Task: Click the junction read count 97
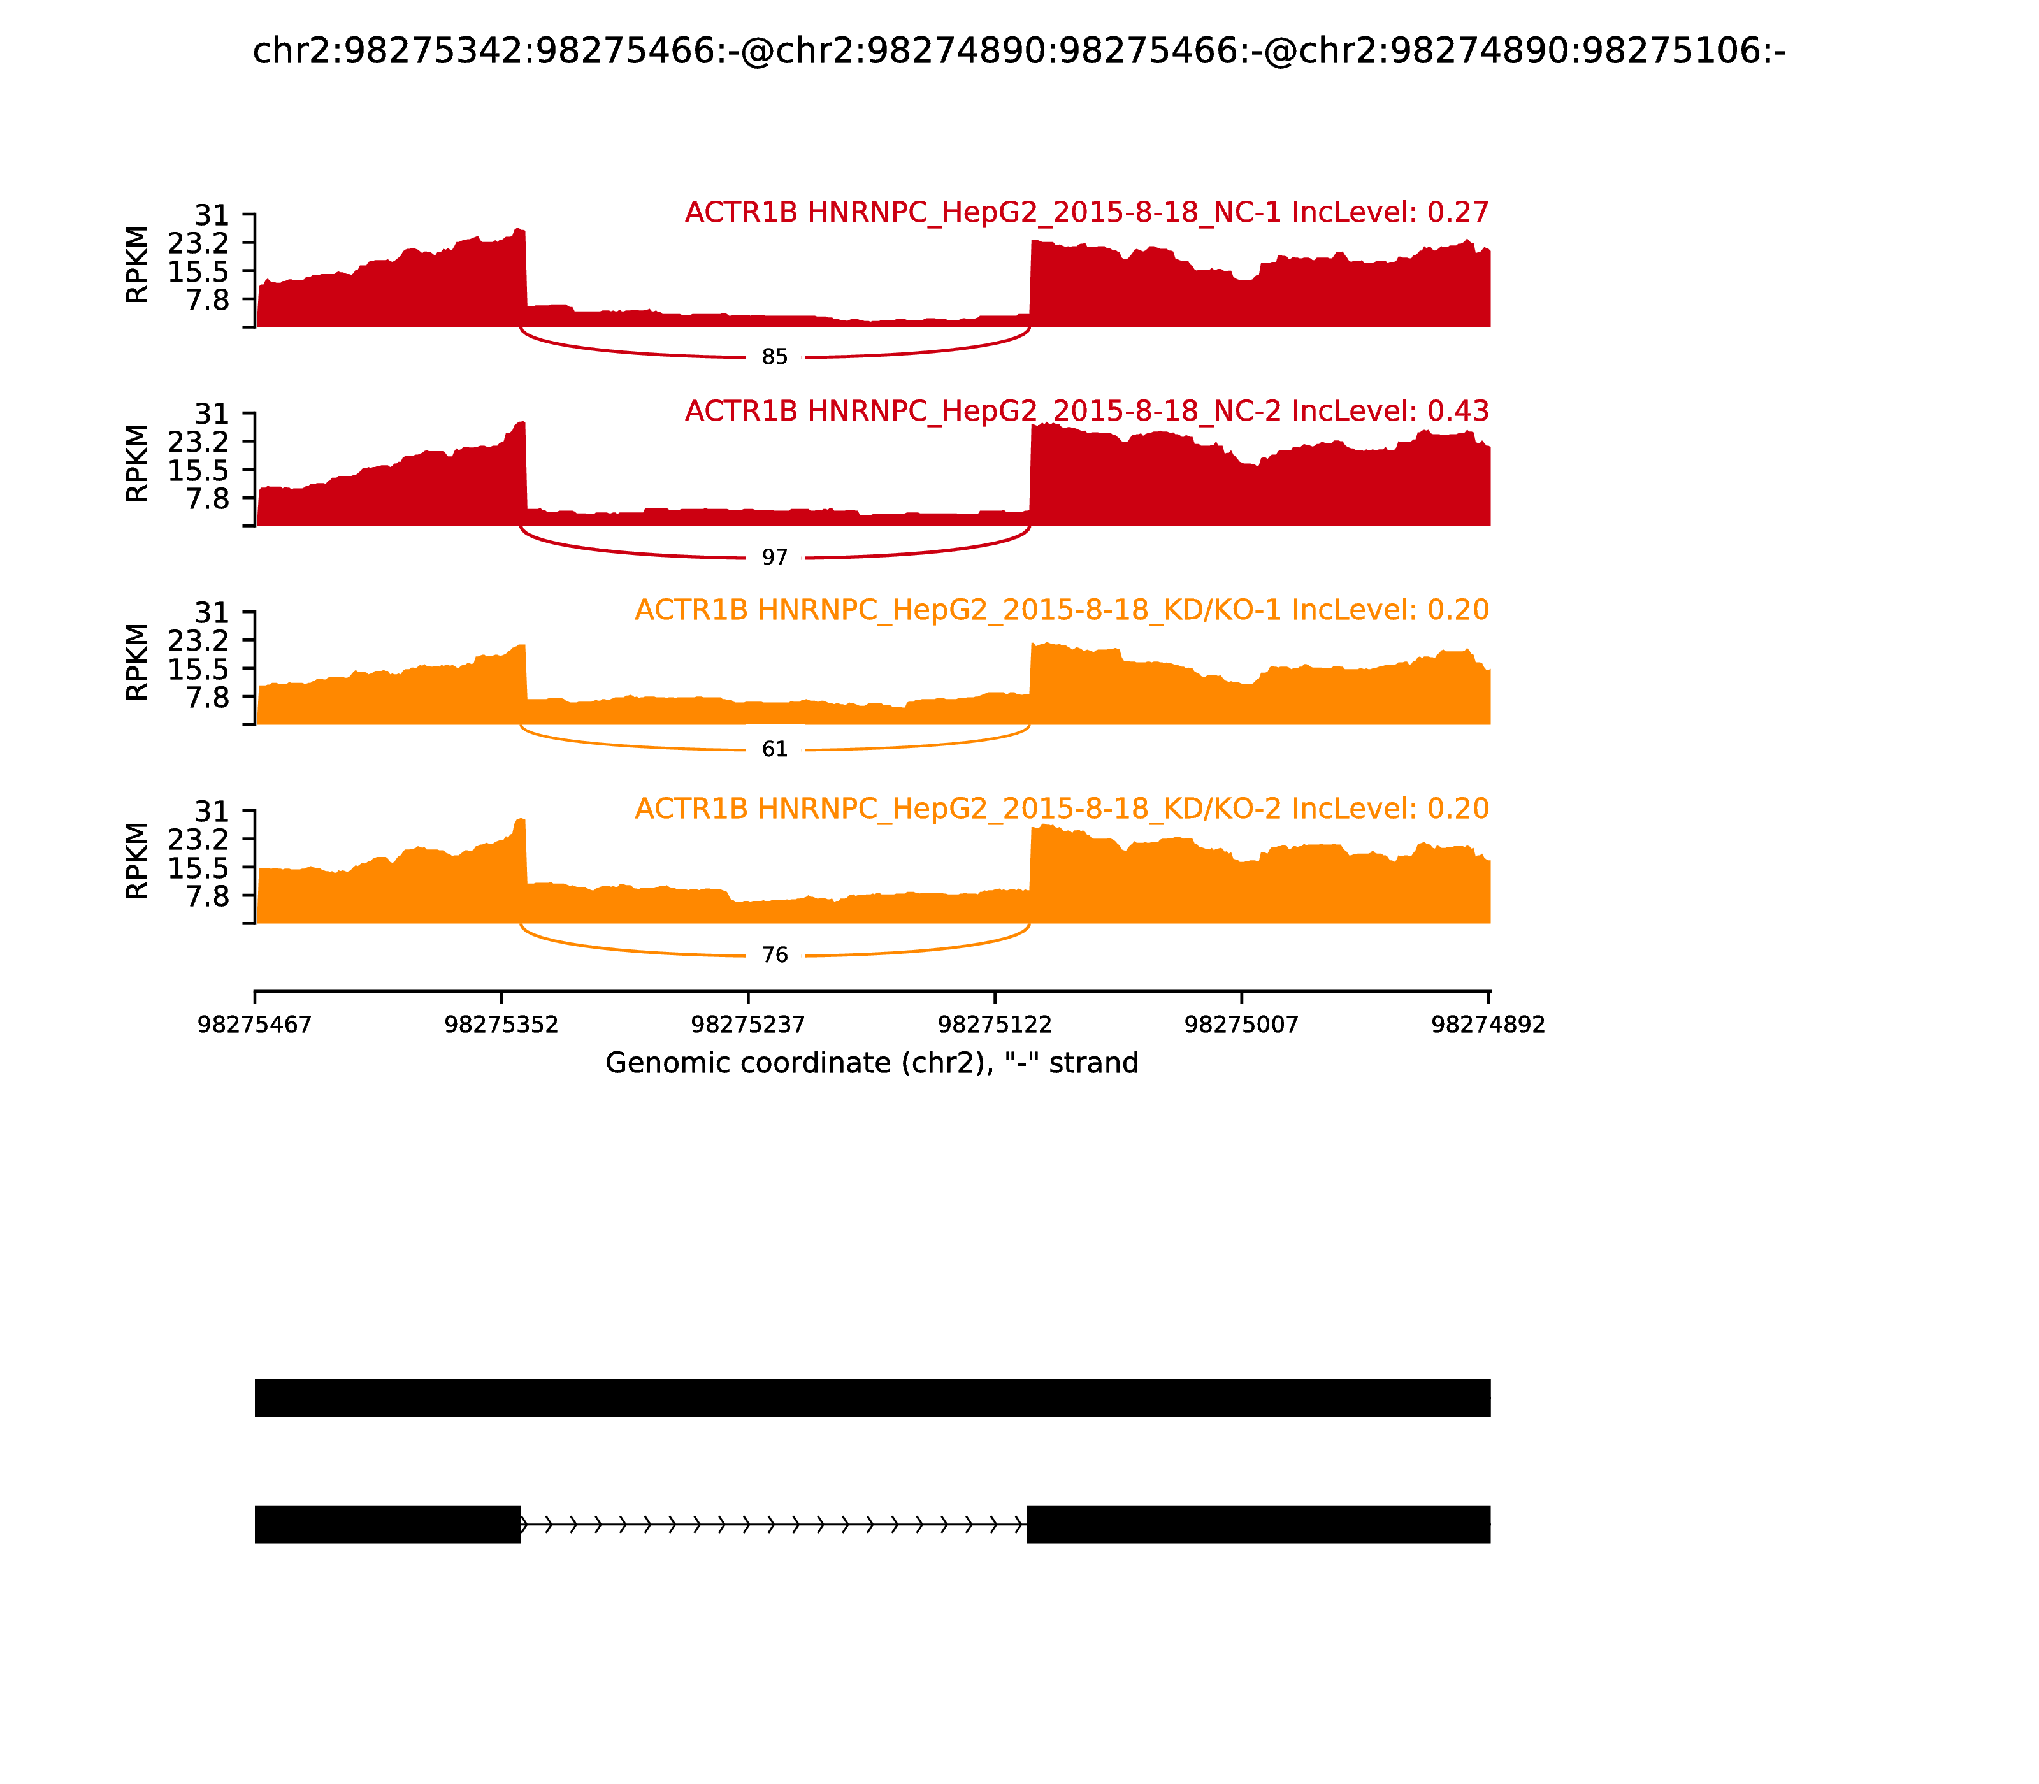tap(775, 557)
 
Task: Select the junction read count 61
tap(775, 750)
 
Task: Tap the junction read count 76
tap(775, 956)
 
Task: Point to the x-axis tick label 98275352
tap(501, 1025)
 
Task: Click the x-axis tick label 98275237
tap(747, 1025)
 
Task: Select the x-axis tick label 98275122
tap(995, 1025)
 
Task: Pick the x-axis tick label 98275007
tap(1241, 1025)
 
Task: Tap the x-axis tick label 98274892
tap(1487, 1025)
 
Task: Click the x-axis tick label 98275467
tap(255, 1025)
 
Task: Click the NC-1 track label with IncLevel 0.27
tap(1086, 213)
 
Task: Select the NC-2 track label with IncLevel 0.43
tap(1086, 411)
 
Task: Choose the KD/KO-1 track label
tap(1062, 610)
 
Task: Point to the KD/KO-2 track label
tap(1062, 809)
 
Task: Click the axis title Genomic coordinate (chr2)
tap(871, 1063)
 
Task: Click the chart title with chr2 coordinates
tap(1018, 51)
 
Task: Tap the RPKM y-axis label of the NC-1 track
tap(138, 265)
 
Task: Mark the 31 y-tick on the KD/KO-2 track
tap(211, 811)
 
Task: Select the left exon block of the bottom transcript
tap(387, 1524)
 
